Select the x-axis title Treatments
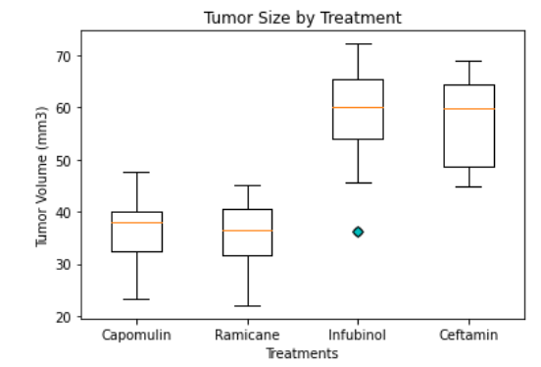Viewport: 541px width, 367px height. (302, 353)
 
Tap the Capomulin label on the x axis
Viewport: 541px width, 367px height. (136, 336)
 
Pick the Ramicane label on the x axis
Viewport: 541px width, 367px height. (247, 336)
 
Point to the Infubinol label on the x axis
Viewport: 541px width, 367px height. (358, 336)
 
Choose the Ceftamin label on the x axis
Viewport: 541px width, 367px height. (468, 336)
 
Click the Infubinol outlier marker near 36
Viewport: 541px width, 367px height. (358, 232)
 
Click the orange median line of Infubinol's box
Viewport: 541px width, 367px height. (358, 108)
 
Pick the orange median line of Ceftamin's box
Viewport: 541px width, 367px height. (468, 109)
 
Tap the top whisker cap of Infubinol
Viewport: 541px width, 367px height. (358, 44)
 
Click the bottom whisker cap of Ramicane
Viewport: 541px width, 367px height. (247, 306)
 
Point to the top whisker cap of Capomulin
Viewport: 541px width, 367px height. (136, 173)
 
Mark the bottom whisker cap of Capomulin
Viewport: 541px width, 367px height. (136, 299)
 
